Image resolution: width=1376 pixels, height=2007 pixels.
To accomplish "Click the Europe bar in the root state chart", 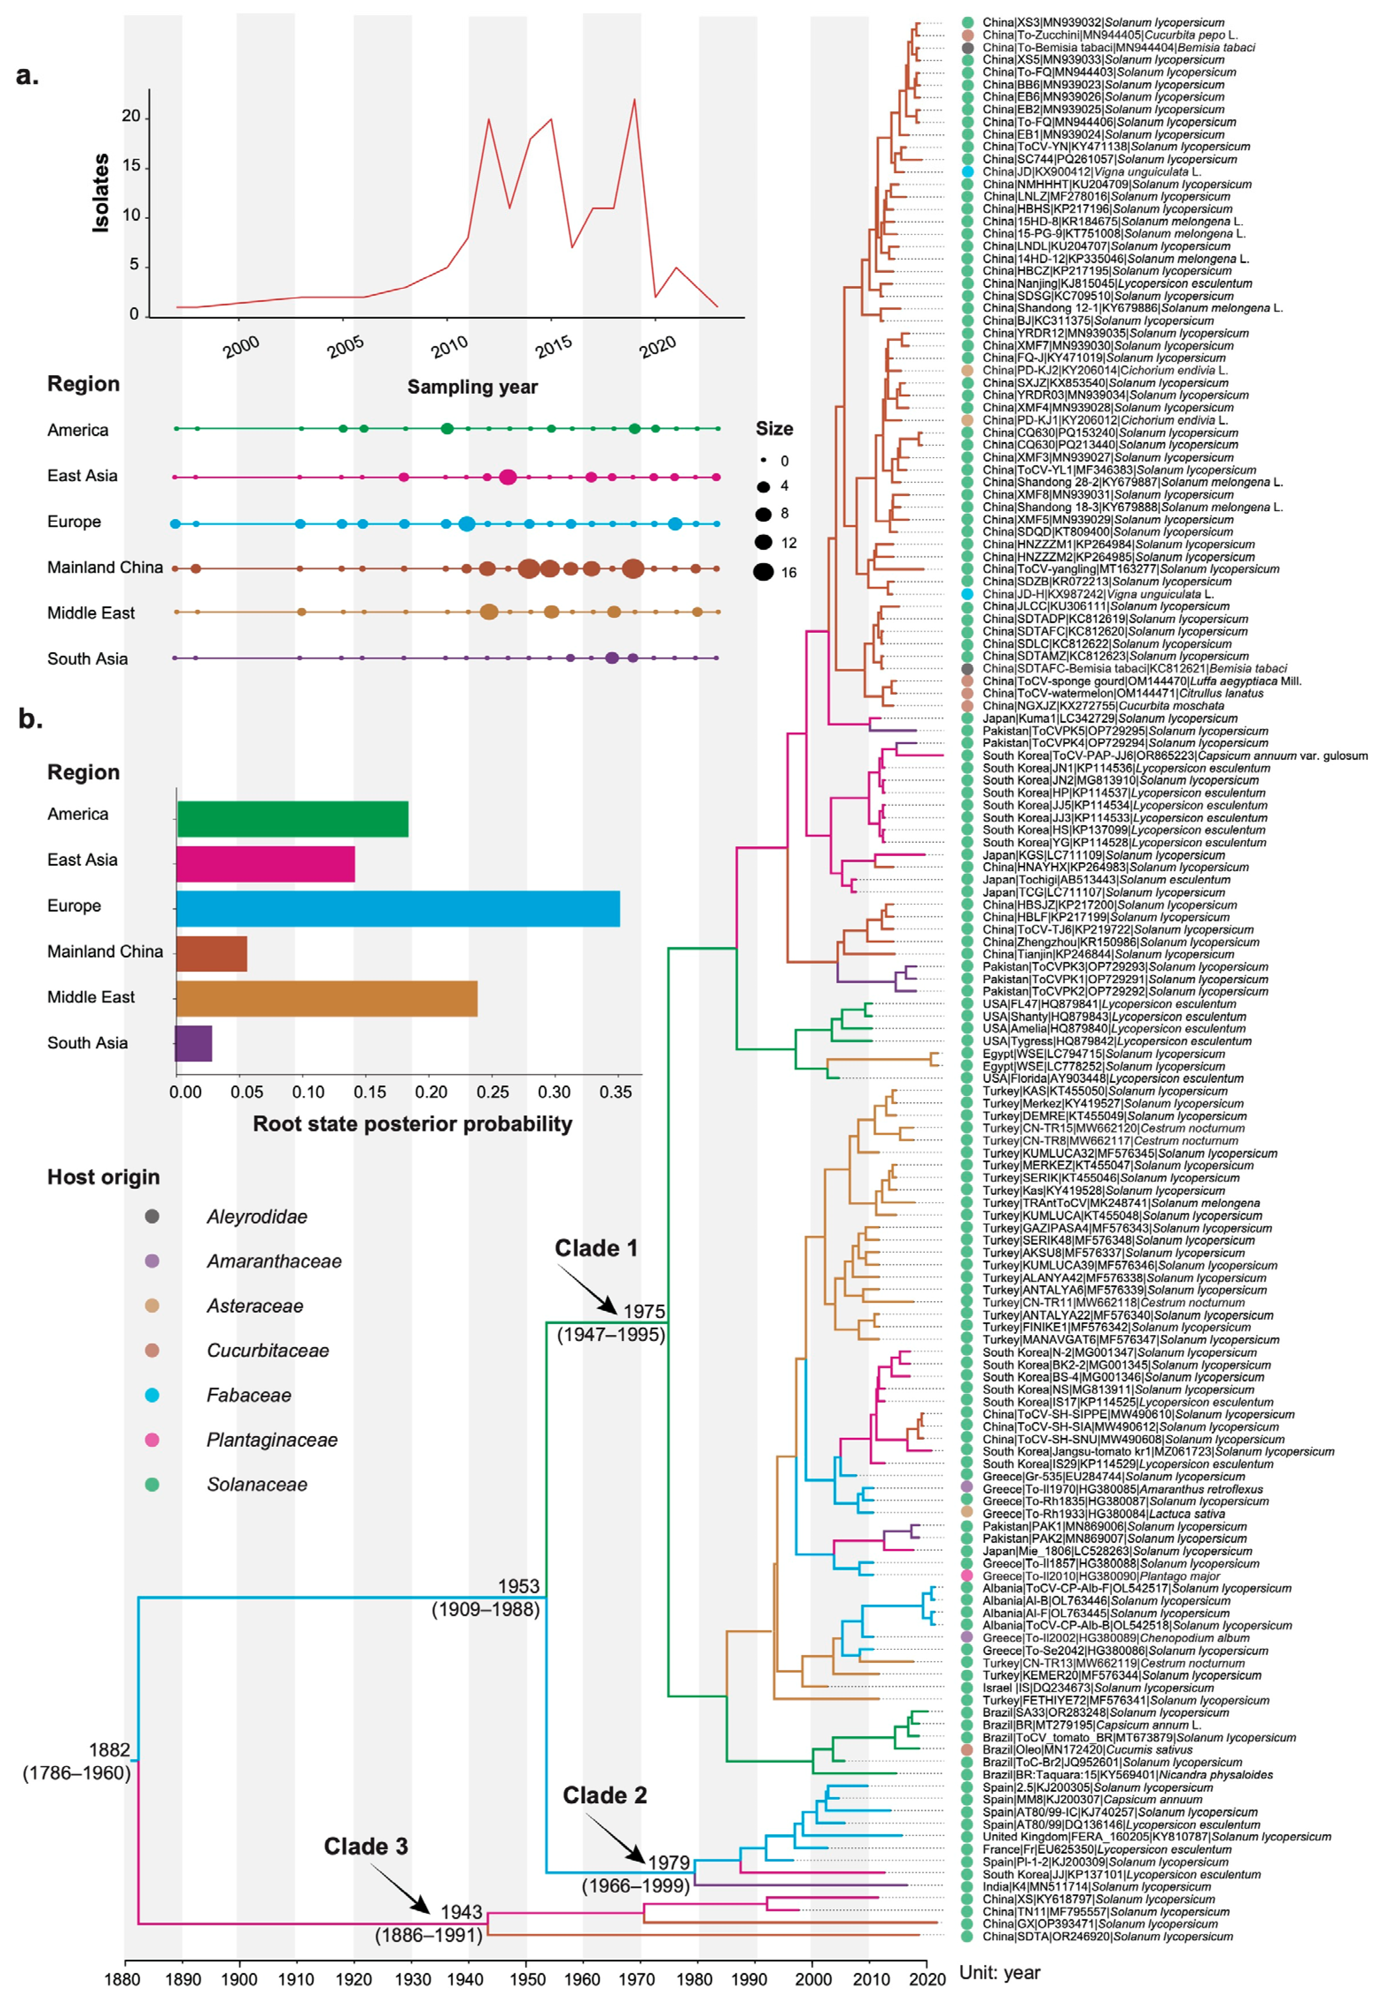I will click(x=397, y=908).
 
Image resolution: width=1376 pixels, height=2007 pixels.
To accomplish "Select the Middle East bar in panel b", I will click(x=326, y=998).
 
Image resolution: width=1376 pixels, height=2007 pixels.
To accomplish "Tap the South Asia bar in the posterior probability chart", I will click(x=194, y=1043).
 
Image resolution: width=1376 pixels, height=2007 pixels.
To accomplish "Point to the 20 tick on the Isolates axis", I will click(x=131, y=116).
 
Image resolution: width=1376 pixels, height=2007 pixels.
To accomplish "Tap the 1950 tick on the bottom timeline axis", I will click(x=526, y=1980).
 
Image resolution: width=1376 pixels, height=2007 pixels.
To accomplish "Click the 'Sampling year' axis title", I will click(x=473, y=387).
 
